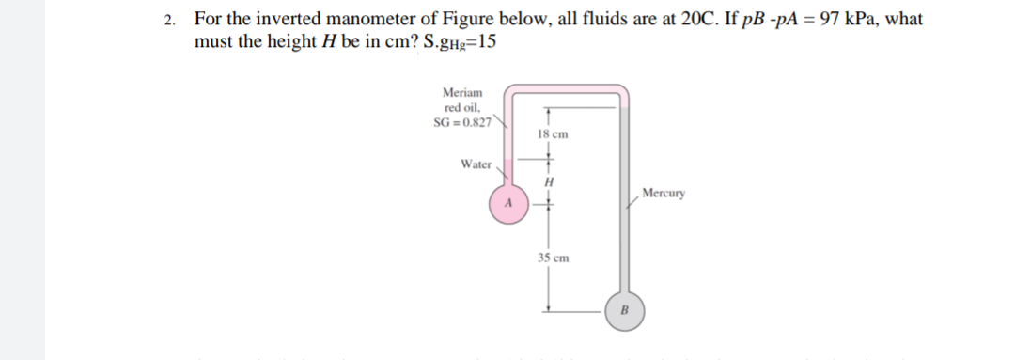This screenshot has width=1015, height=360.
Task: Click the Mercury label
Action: (x=665, y=194)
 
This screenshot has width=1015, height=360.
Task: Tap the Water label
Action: (x=476, y=164)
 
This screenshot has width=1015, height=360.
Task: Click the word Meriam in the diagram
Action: (x=462, y=93)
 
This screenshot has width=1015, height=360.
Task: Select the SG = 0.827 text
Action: (x=461, y=125)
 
